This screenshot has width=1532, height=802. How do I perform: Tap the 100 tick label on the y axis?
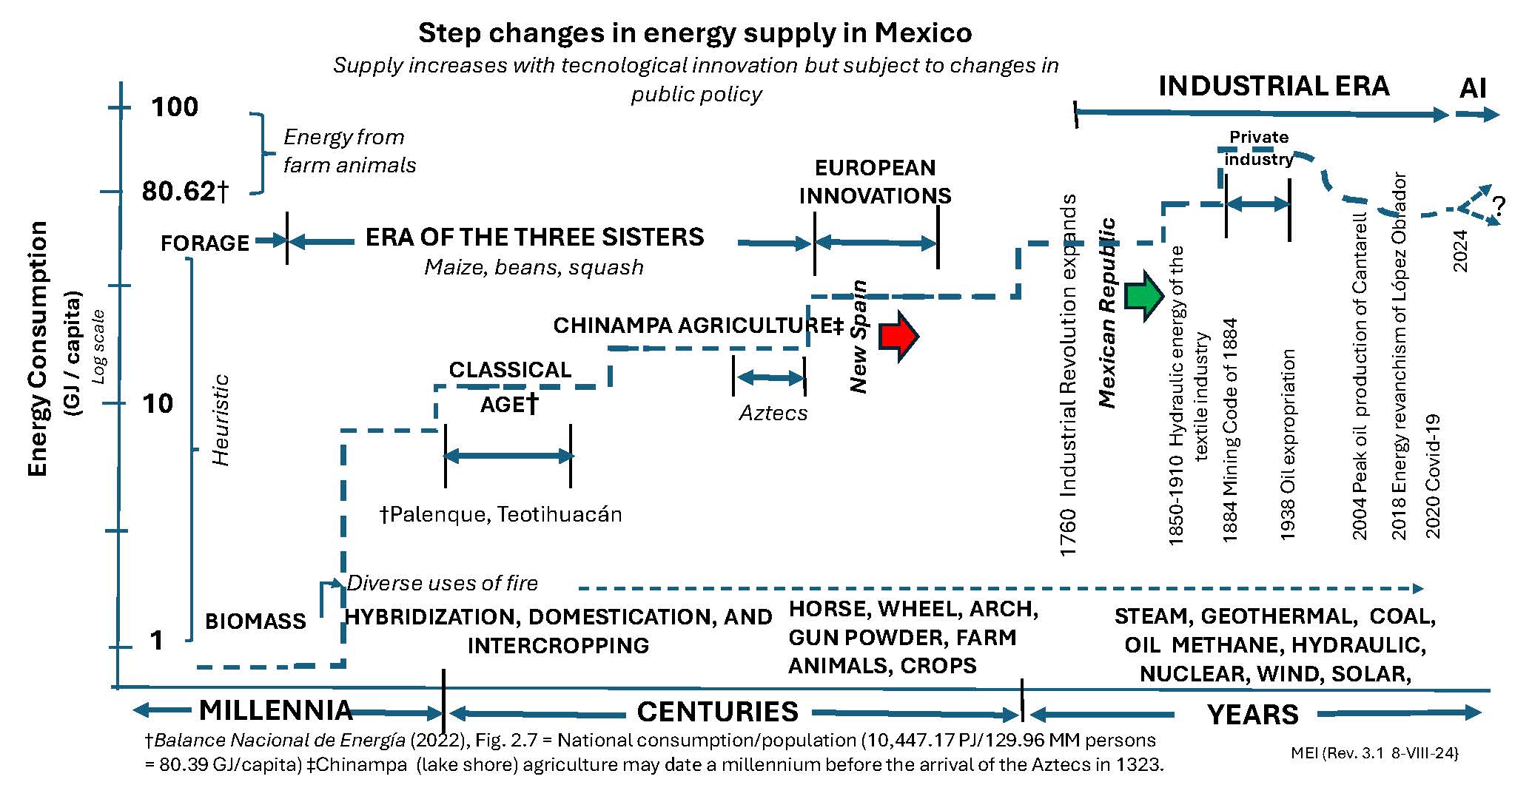point(175,107)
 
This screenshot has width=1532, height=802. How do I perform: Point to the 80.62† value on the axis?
point(185,192)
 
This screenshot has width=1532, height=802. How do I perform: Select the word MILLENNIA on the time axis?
point(275,711)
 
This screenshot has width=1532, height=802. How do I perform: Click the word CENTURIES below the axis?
point(717,712)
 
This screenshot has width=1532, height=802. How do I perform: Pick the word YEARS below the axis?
point(1252,715)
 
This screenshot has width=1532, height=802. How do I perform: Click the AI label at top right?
point(1473,89)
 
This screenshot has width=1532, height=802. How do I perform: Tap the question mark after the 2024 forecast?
point(1499,206)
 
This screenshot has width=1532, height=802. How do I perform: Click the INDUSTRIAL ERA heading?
point(1273,87)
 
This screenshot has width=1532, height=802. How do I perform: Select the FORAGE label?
point(204,243)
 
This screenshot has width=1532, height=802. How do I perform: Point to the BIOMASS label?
point(255,621)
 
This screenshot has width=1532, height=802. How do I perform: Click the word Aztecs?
point(773,413)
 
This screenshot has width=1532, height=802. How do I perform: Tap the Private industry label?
point(1259,148)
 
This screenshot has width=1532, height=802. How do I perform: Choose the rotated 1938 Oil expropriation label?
point(1288,444)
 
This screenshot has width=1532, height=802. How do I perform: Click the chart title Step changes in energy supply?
point(695,33)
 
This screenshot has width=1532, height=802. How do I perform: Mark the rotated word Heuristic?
point(221,420)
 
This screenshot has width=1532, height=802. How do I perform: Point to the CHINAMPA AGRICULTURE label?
point(698,326)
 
